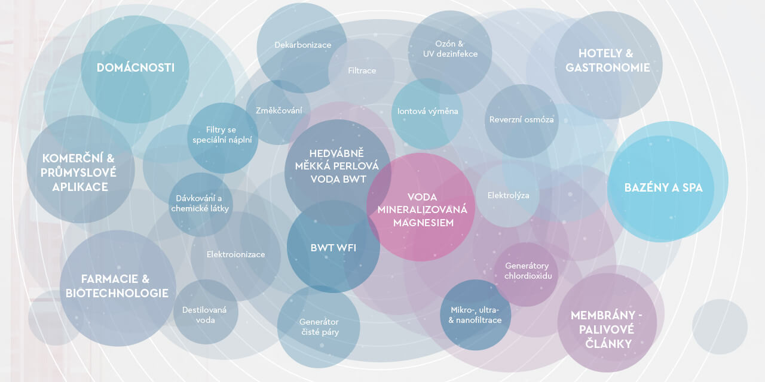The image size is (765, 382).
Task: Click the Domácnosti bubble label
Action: tap(136, 67)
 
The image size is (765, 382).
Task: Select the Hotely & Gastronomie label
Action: tap(608, 61)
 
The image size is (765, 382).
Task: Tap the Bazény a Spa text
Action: tap(663, 187)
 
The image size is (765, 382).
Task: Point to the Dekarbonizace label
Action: tap(302, 45)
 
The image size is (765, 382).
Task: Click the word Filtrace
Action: tap(362, 70)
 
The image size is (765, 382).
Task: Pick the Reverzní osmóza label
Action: tap(522, 119)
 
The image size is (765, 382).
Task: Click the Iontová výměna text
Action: tap(428, 111)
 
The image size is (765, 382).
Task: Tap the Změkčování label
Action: tap(279, 110)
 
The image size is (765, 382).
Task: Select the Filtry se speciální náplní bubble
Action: tap(222, 135)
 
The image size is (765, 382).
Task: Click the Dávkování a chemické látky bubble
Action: tap(200, 204)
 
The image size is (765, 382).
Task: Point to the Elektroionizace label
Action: tap(235, 254)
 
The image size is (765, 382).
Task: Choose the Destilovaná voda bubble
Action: tap(206, 315)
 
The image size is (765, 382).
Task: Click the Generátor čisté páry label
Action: tap(319, 326)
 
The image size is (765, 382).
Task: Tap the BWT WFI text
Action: tap(333, 247)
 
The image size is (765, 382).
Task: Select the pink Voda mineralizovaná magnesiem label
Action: tap(422, 210)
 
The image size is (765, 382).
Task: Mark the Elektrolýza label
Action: tap(509, 195)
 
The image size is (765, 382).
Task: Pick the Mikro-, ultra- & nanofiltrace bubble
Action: tap(475, 315)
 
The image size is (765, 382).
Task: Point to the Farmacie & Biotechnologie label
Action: tap(117, 286)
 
